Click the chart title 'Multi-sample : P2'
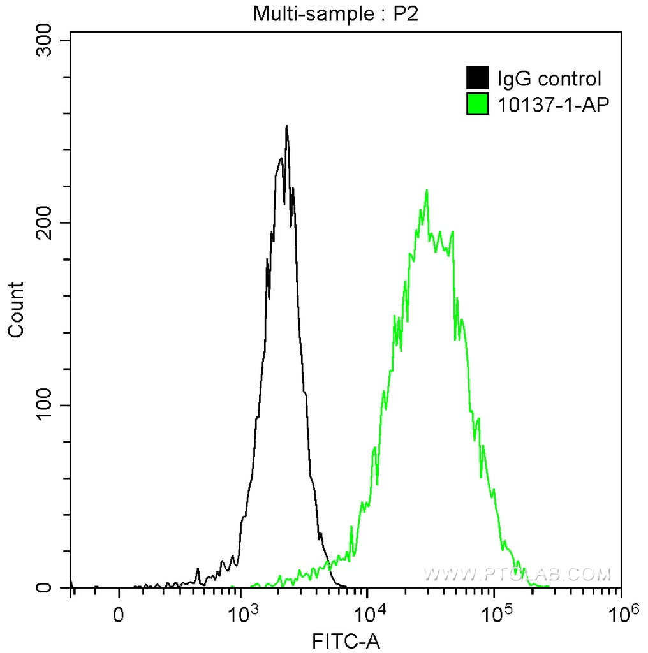(x=335, y=13)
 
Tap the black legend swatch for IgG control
(x=478, y=78)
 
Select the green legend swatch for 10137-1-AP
(x=478, y=104)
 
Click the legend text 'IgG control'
(x=549, y=79)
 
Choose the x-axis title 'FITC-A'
(x=346, y=640)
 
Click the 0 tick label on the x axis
(x=119, y=617)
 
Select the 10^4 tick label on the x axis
(x=367, y=615)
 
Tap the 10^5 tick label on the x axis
(x=494, y=615)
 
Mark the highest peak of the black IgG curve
(x=286, y=126)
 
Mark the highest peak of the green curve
(x=427, y=189)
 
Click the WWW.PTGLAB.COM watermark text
(x=517, y=574)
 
